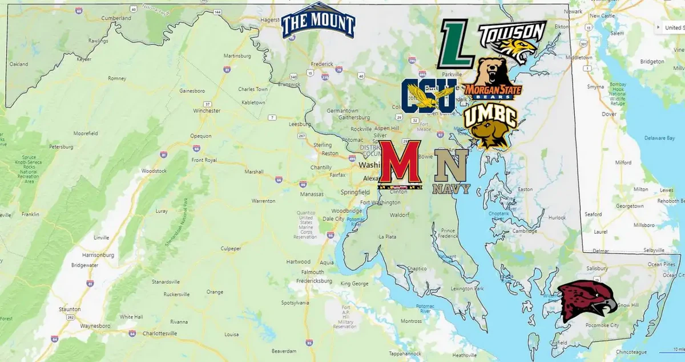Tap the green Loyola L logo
(456, 44)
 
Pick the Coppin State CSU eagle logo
(428, 96)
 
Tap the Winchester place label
(206, 111)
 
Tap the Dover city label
(609, 114)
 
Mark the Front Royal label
(204, 160)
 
